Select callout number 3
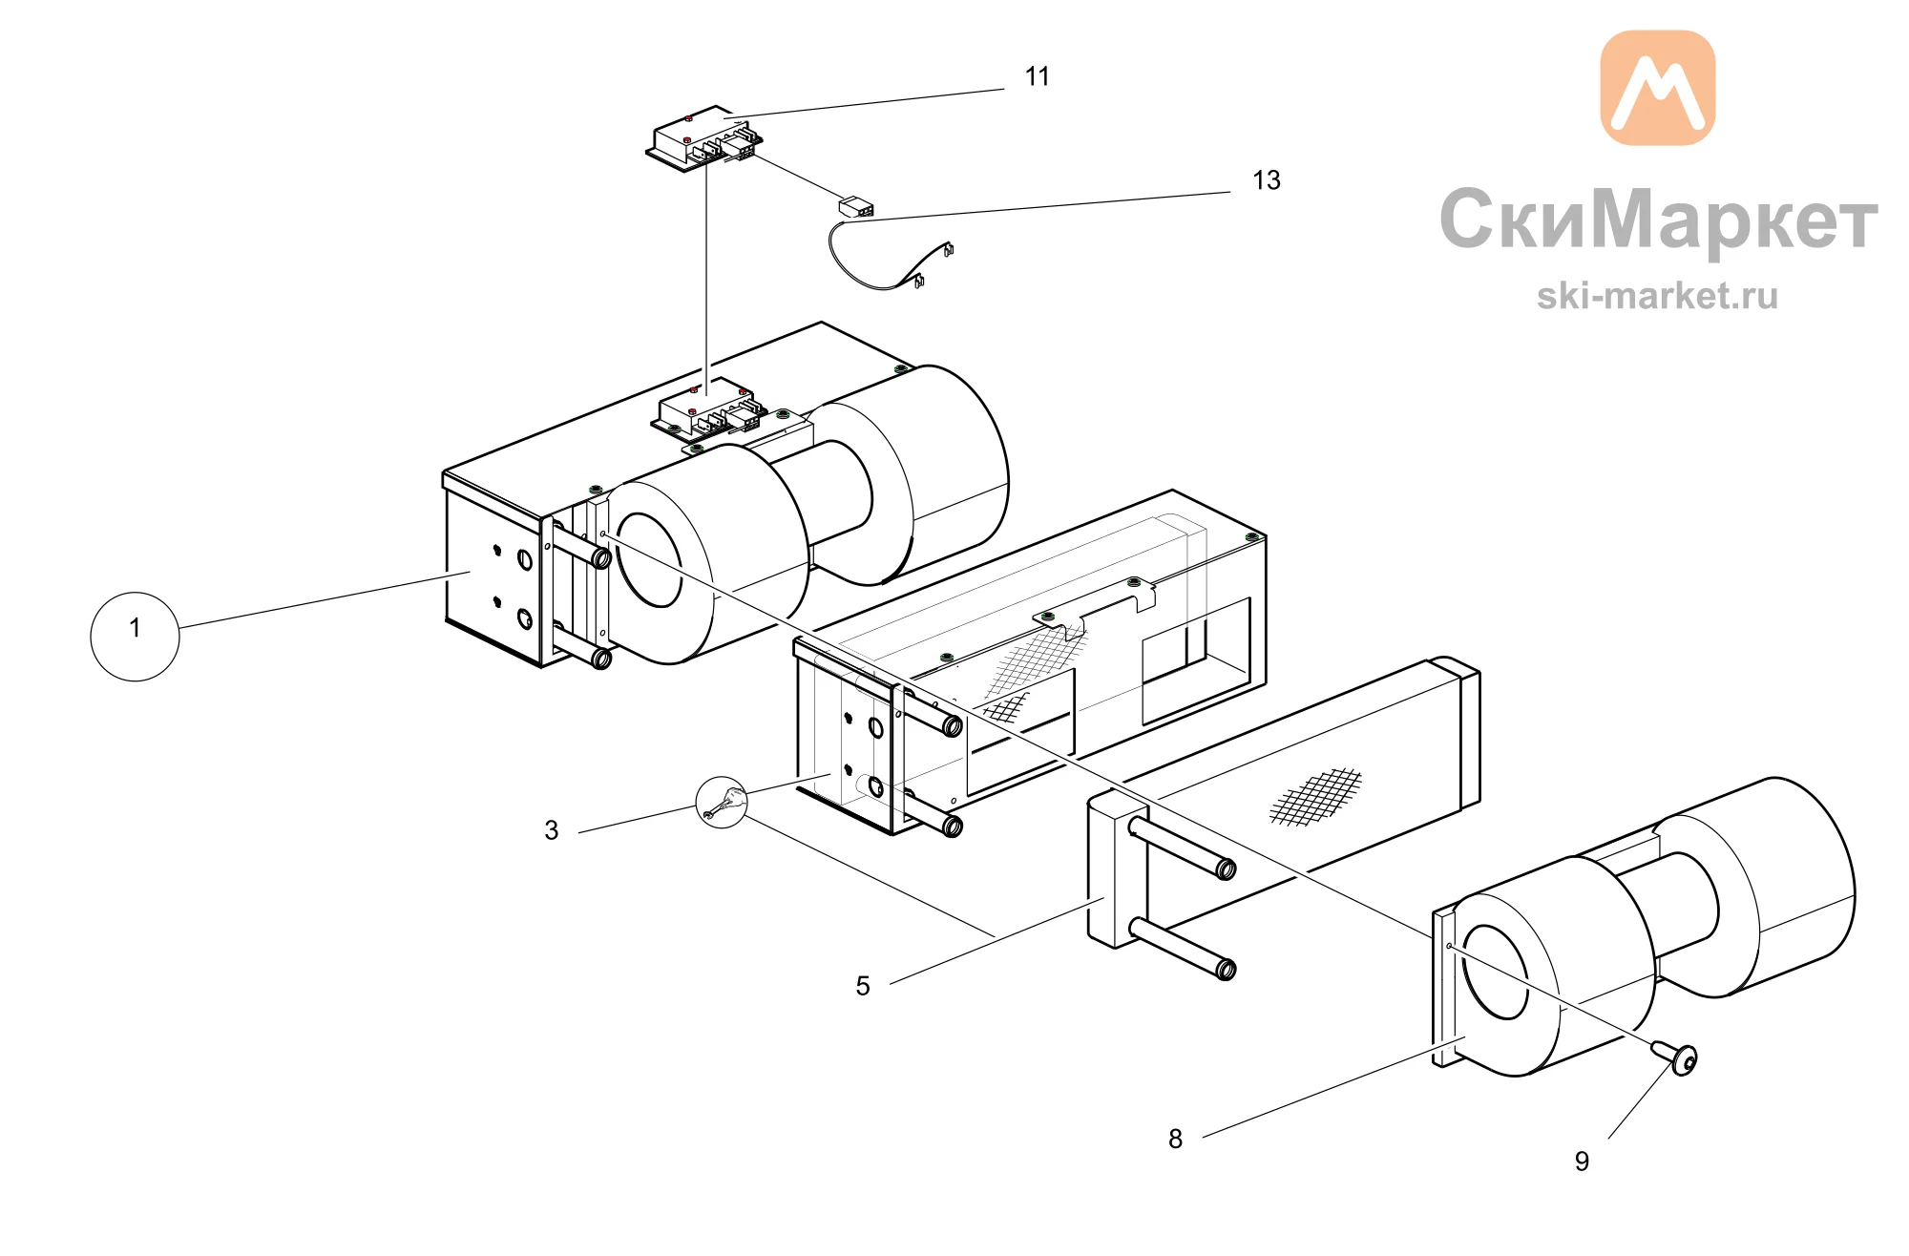point(552,830)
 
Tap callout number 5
point(863,986)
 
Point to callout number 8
point(1176,1139)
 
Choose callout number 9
point(1582,1162)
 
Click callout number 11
point(1038,76)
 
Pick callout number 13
point(1267,180)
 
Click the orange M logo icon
point(1657,88)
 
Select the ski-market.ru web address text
point(1657,296)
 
